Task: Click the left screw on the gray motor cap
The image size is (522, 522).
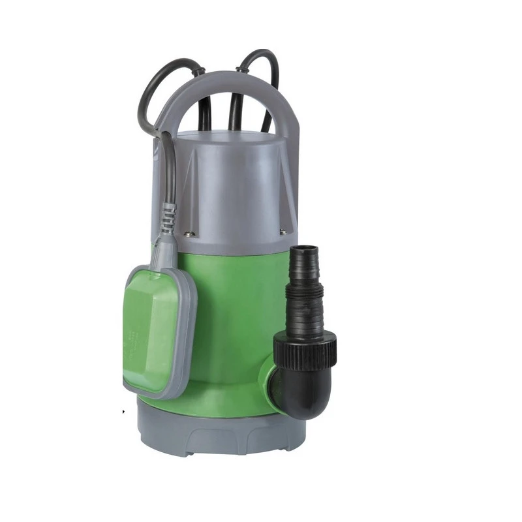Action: (x=189, y=233)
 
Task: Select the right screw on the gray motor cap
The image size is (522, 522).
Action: (x=283, y=231)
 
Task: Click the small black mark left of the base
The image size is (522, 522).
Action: (x=123, y=412)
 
